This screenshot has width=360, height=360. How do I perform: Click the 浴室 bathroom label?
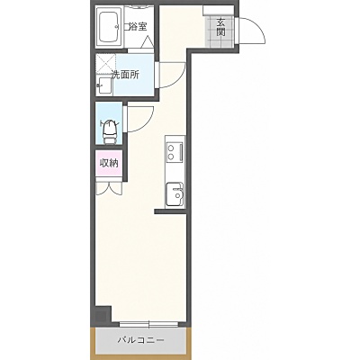[x=139, y=27]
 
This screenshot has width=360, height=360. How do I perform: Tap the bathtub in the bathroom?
[x=109, y=27]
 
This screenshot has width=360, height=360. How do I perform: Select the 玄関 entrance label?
[x=221, y=27]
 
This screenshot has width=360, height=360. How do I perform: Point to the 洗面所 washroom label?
[x=125, y=75]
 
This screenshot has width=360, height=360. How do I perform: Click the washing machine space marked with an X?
[x=105, y=64]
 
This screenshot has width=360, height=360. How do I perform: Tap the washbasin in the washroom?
[x=104, y=85]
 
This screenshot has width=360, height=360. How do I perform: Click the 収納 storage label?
[x=109, y=164]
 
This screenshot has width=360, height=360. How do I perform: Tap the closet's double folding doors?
[x=109, y=189]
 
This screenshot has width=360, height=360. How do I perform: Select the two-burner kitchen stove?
[x=175, y=152]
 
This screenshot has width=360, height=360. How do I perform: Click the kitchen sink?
[x=175, y=194]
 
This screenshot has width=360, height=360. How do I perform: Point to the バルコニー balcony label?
[x=140, y=340]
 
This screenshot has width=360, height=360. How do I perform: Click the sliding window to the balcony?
[x=149, y=324]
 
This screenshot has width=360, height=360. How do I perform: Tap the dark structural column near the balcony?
[x=102, y=315]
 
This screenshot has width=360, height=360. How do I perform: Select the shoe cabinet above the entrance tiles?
[x=219, y=10]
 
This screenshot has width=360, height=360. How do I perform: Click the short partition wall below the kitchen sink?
[x=171, y=211]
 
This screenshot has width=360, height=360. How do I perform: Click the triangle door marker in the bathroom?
[x=147, y=42]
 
